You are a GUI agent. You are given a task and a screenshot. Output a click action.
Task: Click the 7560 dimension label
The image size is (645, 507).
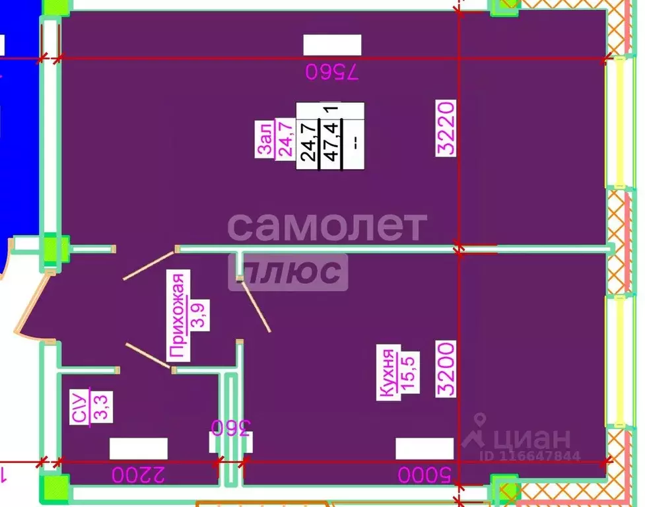332,71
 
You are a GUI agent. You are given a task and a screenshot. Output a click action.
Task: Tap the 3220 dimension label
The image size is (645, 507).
446,128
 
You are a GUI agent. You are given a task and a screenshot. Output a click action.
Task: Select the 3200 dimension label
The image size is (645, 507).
446,368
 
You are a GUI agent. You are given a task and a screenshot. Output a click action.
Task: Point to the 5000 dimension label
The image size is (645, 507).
424,474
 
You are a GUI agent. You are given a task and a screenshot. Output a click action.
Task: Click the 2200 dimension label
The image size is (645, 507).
138,474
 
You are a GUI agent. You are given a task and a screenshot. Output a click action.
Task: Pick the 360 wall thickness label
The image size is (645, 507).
230,428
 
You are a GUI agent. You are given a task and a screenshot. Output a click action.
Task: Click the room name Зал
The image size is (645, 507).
264,139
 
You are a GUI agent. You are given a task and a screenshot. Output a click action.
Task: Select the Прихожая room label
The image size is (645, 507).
178,316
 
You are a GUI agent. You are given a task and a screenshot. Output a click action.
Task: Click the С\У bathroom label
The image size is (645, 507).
79,406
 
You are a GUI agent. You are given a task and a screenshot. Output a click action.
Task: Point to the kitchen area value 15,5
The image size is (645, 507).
410,372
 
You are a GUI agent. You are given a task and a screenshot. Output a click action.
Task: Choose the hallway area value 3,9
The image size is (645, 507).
200,315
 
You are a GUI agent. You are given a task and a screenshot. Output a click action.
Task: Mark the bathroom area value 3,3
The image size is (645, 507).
102,407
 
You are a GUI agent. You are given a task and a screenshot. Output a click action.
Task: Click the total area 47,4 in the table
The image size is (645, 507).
331,141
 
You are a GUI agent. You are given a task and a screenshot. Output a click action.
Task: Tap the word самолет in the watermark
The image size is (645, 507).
327,226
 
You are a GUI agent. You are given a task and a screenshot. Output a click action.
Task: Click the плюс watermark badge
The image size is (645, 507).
288,272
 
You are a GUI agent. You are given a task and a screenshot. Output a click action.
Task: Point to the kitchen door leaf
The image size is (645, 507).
255,306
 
